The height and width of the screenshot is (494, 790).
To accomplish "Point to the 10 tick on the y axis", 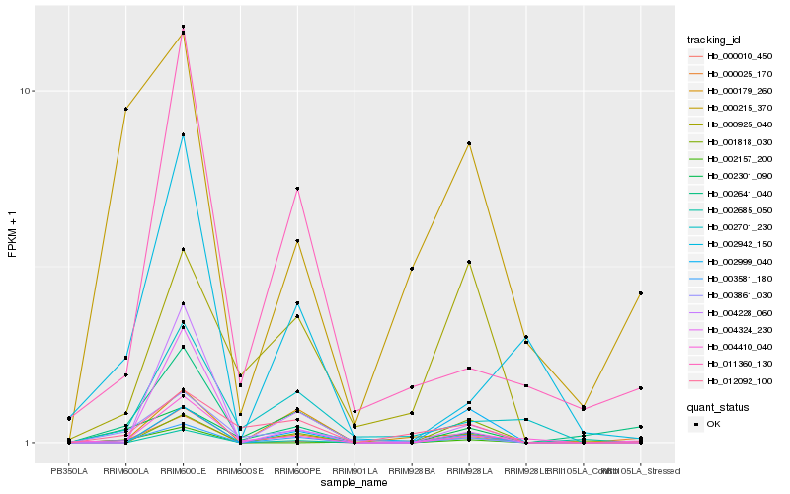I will pos(27,92).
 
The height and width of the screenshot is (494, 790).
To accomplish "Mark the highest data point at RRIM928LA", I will pos(469,143).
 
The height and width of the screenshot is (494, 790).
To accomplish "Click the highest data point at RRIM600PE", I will pos(297,188).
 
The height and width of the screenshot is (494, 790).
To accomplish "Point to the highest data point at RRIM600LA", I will pos(125,109).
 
